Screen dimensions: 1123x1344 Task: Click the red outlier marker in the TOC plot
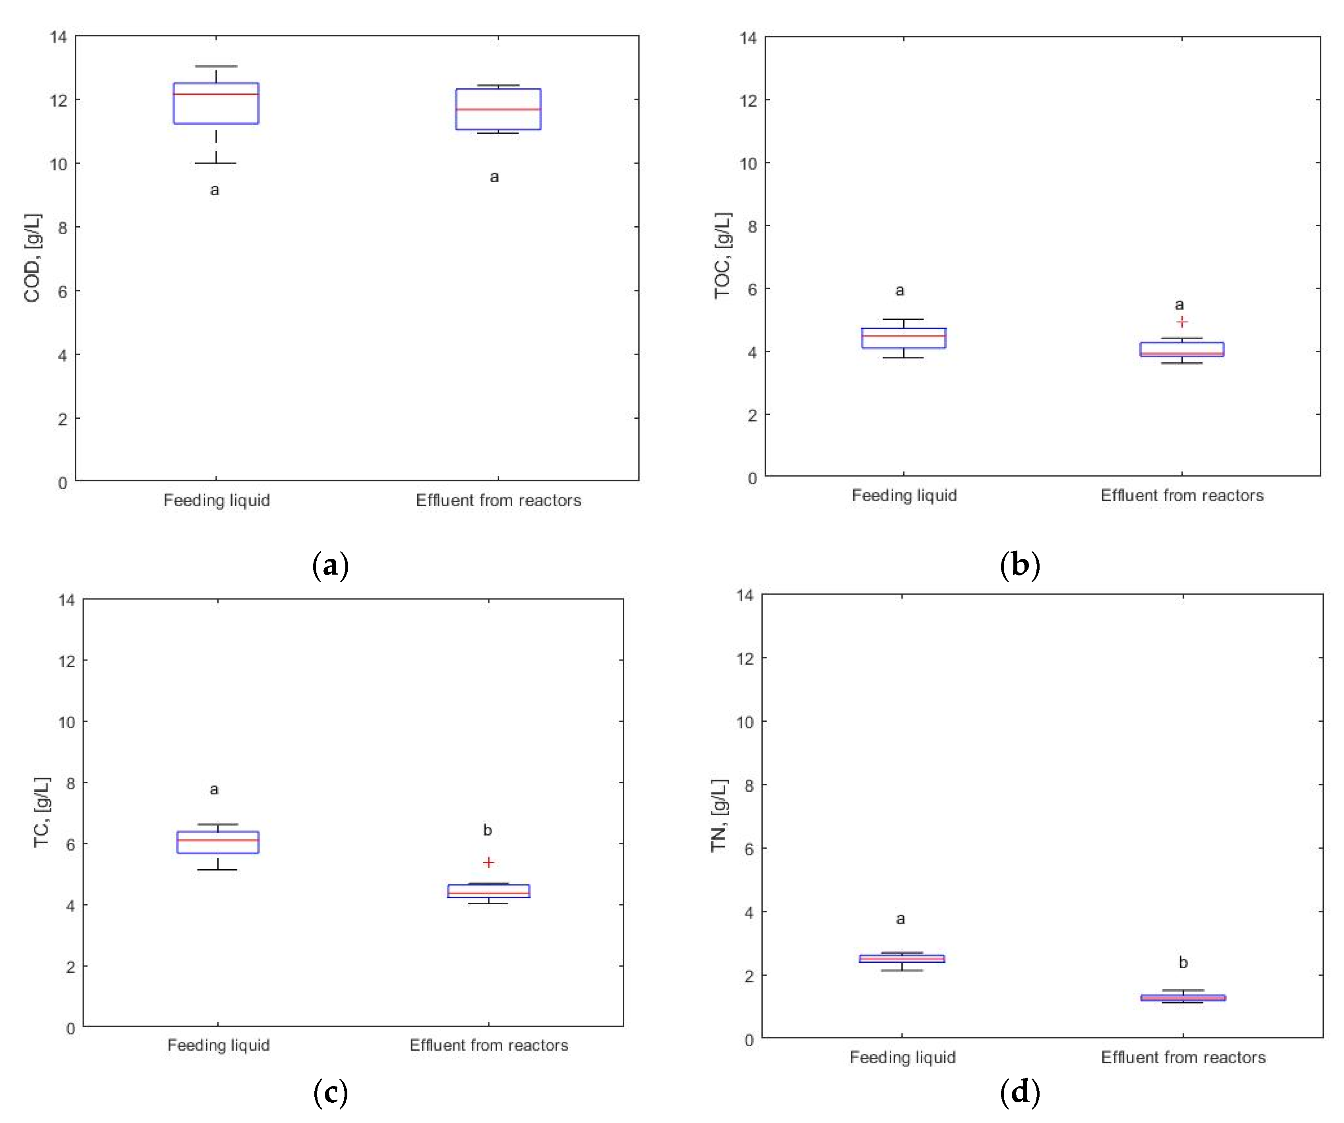click(1181, 322)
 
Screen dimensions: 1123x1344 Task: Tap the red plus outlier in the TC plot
click(488, 863)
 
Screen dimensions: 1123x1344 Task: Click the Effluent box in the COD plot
click(498, 109)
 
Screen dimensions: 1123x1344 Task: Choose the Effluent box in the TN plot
click(1183, 997)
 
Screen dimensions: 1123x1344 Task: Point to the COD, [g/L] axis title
click(32, 258)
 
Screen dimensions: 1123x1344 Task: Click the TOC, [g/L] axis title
click(722, 256)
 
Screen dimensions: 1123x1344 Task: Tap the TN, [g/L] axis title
click(719, 816)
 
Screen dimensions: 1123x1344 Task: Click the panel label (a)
click(330, 565)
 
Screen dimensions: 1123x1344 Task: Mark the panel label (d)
click(1019, 1092)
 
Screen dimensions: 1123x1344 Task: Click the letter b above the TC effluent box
click(488, 830)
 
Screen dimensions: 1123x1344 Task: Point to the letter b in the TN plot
click(1183, 962)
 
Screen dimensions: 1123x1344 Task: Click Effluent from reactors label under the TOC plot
click(1181, 495)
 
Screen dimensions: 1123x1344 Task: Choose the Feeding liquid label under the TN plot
click(902, 1057)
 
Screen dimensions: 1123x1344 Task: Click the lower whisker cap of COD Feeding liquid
click(216, 163)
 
